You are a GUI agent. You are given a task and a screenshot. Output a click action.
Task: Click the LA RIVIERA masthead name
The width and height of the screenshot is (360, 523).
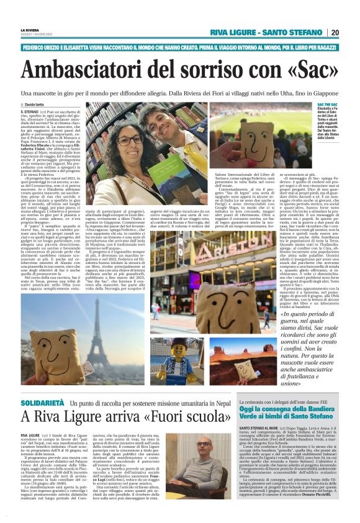click(x=29, y=29)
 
